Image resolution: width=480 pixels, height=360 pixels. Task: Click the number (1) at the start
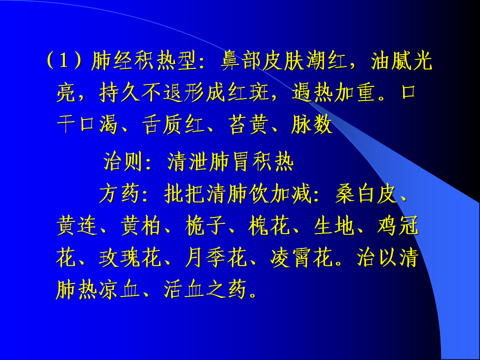point(63,60)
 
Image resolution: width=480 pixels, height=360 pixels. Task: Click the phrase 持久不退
point(141,92)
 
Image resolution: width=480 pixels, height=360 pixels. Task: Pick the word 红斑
point(247,92)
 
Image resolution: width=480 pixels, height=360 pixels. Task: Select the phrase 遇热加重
point(333,92)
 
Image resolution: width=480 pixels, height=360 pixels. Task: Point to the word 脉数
point(312,124)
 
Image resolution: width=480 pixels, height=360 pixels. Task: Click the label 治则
point(123,161)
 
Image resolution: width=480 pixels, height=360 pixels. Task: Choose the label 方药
point(119,194)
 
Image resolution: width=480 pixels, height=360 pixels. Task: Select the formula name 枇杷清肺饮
point(216,194)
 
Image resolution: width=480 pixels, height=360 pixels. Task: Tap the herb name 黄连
point(77,226)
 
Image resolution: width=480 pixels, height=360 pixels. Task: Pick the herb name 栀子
point(205,226)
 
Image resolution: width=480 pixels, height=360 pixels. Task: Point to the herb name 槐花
point(269,226)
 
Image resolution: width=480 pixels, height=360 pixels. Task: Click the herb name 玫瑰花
point(130,258)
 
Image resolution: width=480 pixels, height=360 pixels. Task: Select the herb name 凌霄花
point(301,258)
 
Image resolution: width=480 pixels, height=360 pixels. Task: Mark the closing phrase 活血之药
point(205,290)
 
